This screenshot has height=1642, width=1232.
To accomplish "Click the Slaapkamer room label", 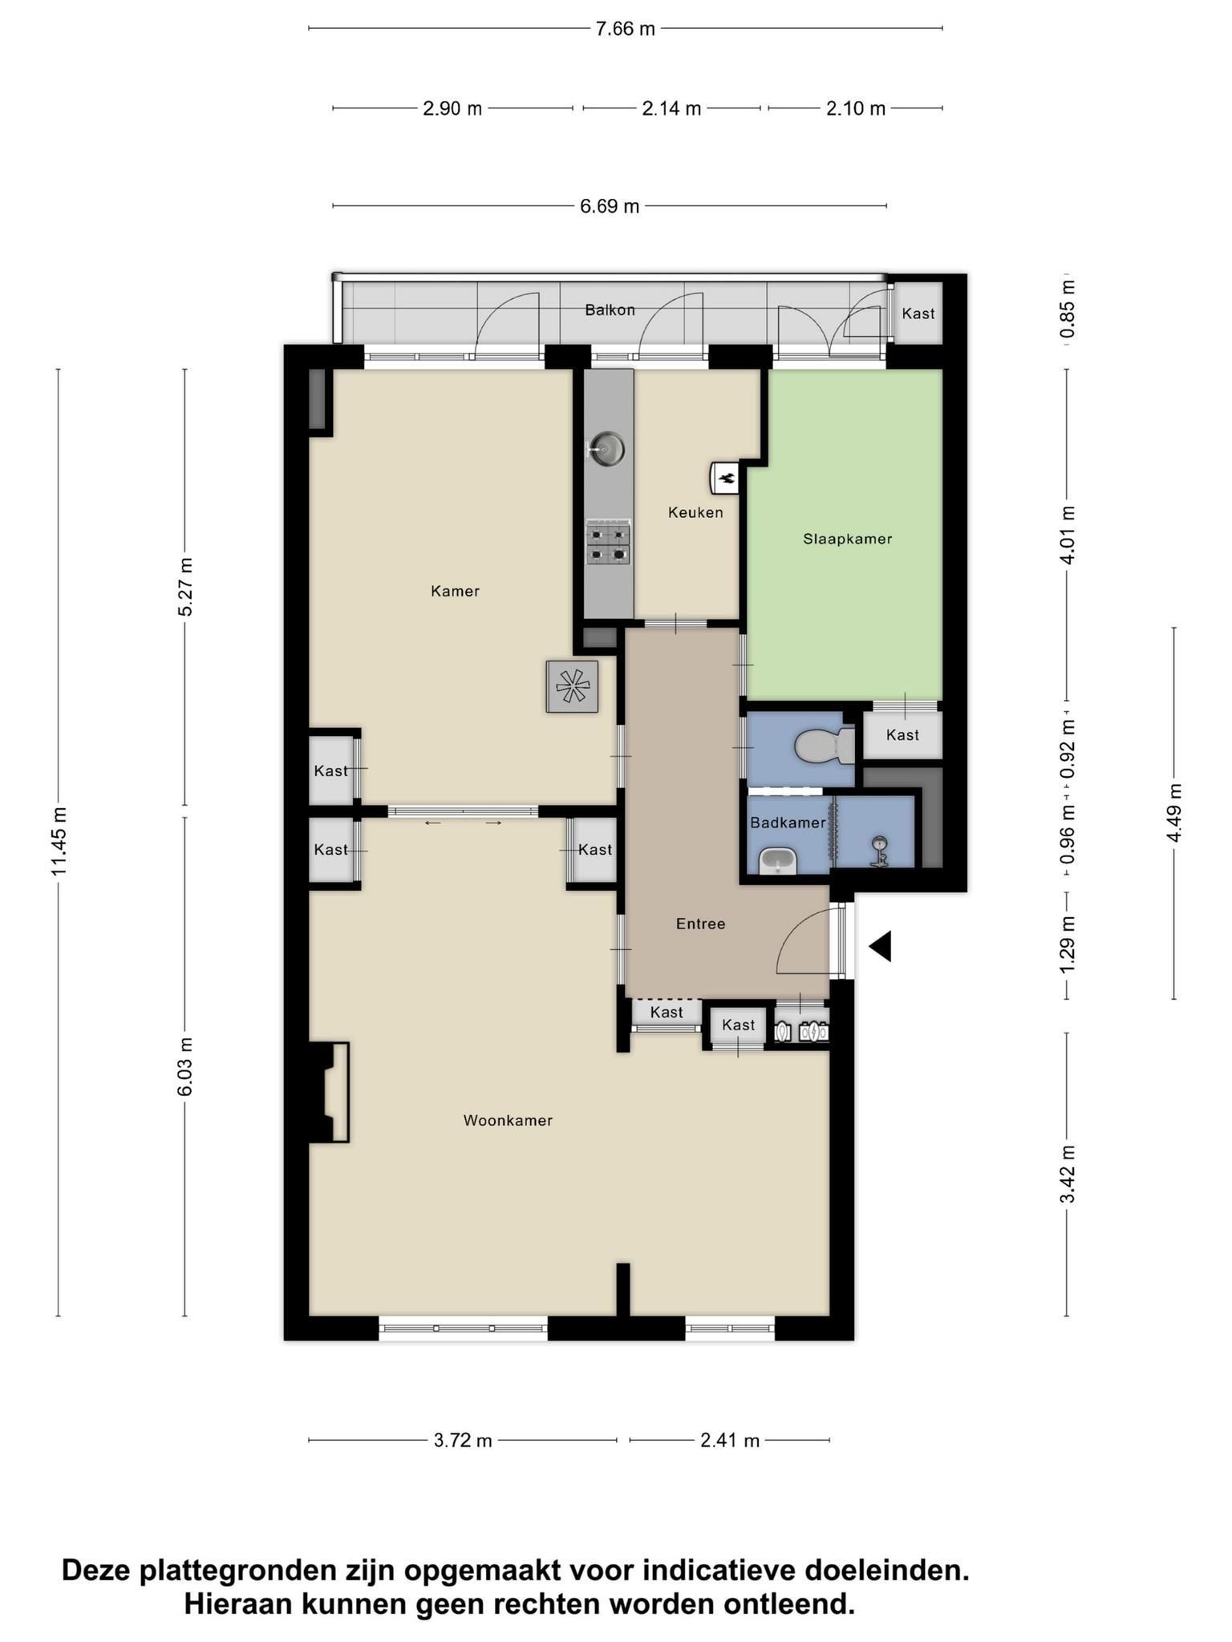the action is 847,539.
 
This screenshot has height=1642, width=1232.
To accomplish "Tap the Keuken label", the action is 695,512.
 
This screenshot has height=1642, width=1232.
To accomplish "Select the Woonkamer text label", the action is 508,1121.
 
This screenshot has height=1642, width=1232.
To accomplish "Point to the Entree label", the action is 700,924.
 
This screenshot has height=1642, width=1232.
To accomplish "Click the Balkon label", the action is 610,310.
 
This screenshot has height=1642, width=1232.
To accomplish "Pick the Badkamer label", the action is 788,823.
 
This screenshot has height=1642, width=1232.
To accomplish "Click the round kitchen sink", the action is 606,449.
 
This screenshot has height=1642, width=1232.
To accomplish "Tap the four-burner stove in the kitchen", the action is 608,543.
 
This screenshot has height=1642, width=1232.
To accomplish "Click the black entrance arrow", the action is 881,946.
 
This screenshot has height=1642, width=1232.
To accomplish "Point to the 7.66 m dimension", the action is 625,29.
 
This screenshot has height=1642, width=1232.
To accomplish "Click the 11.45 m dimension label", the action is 59,842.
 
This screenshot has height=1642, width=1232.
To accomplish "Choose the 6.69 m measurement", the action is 610,206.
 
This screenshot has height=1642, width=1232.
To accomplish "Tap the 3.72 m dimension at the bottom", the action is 463,1441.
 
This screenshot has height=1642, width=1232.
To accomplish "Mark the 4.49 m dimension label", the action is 1174,813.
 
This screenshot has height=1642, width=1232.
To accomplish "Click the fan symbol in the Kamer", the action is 572,686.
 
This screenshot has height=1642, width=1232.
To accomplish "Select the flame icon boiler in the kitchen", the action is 726,479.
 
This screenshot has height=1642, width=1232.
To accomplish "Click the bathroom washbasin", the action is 776,860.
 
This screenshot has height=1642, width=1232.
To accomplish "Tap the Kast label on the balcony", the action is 918,313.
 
